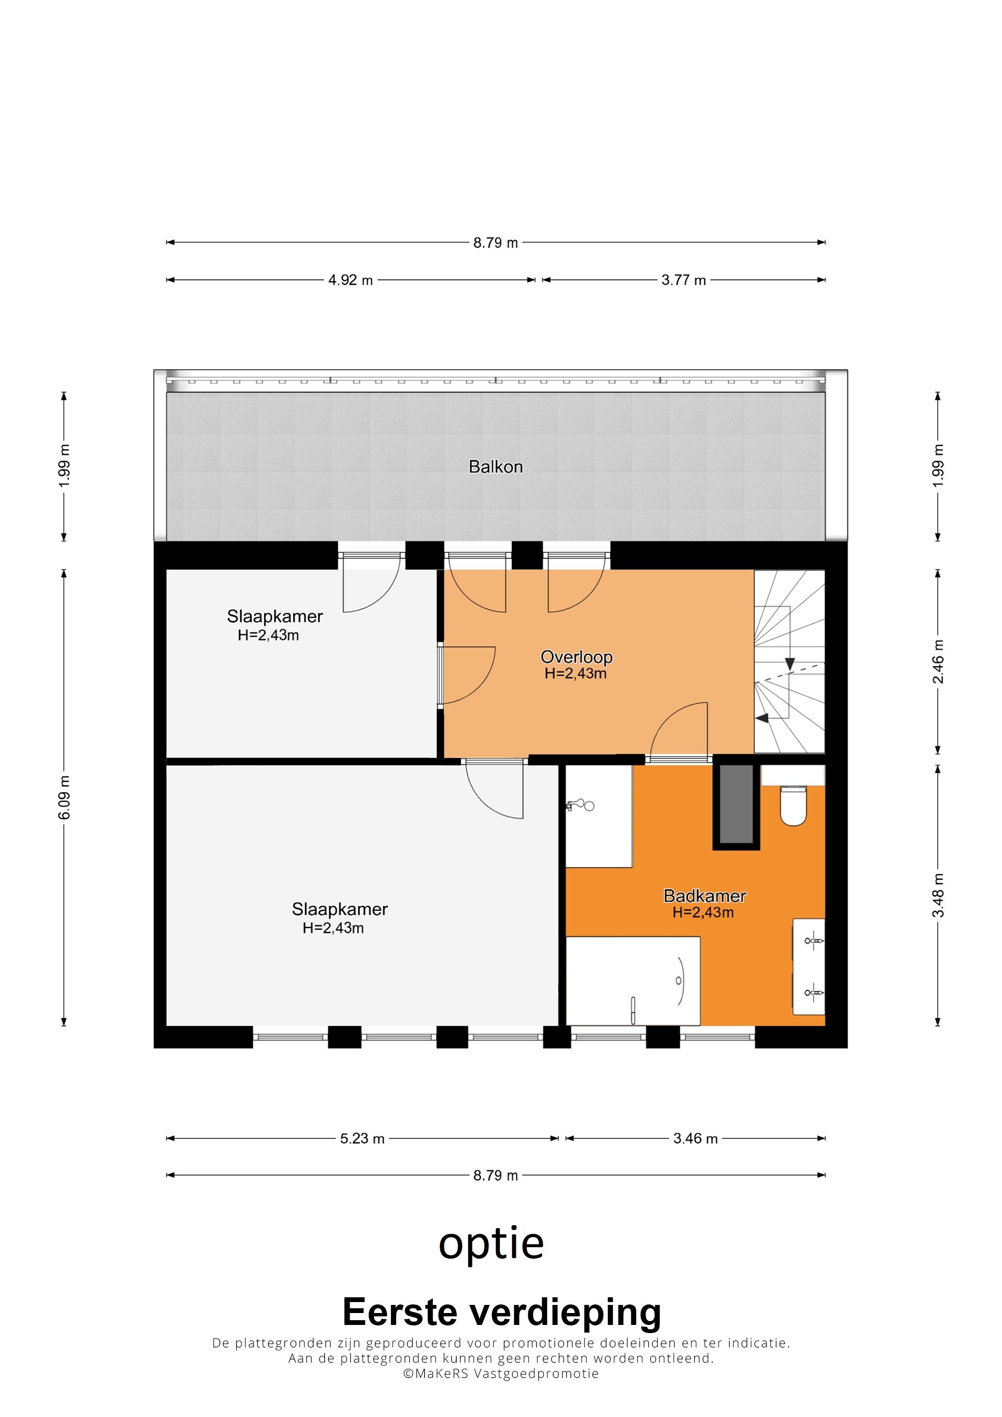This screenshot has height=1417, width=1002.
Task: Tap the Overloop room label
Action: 576,657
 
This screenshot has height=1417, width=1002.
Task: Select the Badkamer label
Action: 704,896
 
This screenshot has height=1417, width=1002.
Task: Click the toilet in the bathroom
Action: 793,806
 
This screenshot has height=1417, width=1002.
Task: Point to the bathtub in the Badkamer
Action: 633,981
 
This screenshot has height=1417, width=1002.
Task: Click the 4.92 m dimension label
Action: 350,280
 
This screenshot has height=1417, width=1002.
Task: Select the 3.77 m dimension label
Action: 683,280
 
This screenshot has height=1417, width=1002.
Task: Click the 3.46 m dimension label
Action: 695,1138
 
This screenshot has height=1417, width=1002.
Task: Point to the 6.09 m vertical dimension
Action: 64,798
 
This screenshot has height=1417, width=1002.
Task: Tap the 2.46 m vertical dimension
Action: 938,662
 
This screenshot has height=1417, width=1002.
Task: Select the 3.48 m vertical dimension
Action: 938,896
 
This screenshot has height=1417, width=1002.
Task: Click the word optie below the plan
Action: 491,1245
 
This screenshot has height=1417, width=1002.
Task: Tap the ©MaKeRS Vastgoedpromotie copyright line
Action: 501,1373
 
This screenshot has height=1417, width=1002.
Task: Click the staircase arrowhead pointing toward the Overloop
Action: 762,718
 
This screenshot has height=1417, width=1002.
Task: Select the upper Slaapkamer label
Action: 275,617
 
